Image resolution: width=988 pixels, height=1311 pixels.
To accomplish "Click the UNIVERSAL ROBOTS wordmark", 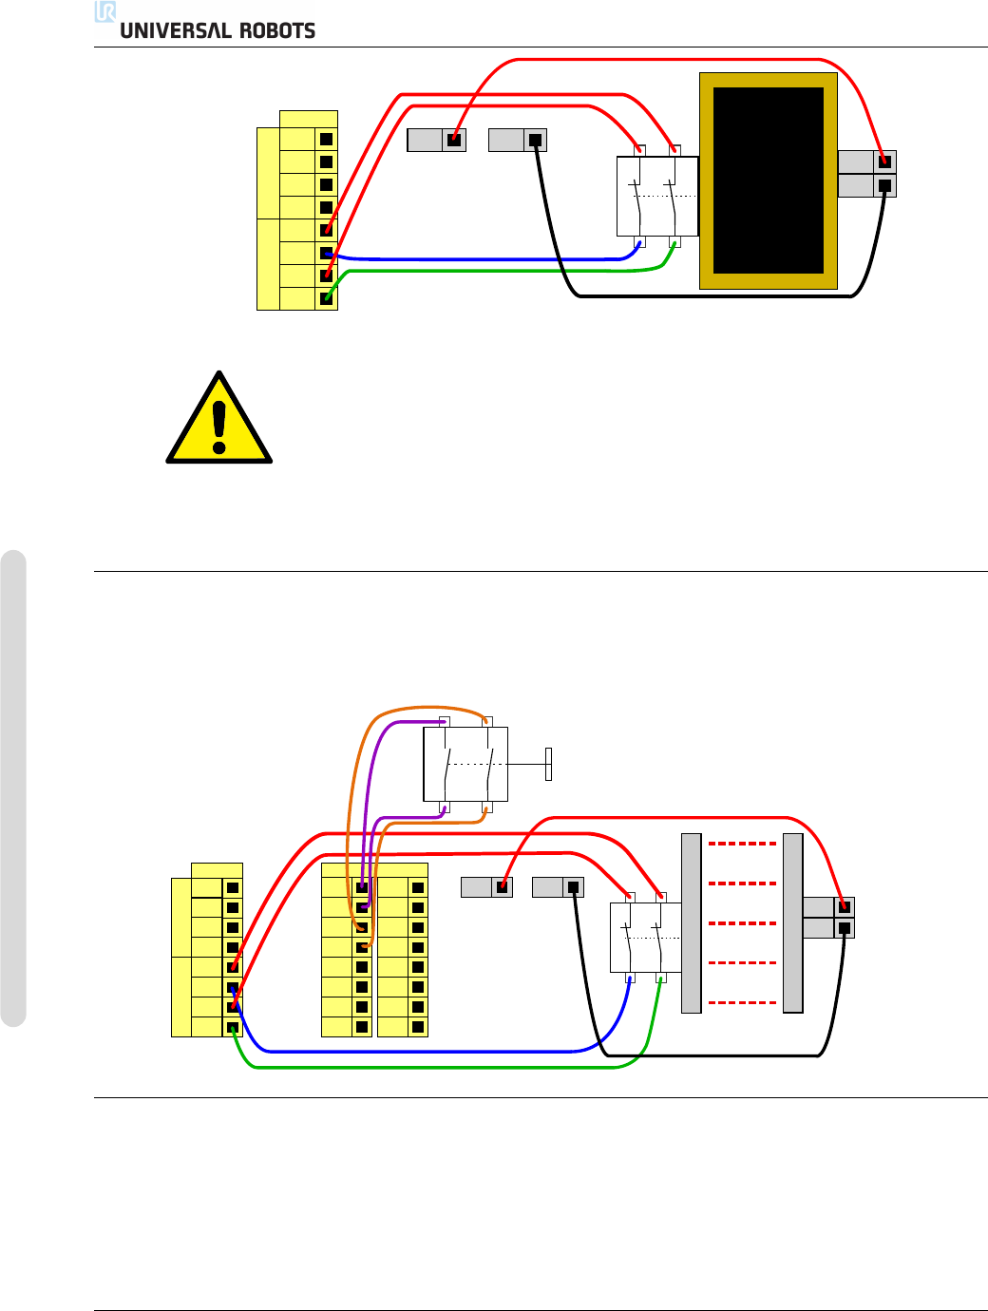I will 218,30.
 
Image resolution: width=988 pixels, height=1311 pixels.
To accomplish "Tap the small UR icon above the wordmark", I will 105,11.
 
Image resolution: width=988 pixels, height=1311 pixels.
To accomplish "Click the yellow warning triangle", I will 219,421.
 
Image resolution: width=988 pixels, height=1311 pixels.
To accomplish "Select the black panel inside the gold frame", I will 768,180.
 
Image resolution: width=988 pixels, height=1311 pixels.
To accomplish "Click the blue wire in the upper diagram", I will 475,258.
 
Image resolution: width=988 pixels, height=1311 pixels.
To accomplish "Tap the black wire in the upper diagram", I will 712,296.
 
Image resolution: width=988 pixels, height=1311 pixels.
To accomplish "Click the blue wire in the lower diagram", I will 427,1052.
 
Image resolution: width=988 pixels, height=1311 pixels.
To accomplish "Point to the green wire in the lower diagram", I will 427,1068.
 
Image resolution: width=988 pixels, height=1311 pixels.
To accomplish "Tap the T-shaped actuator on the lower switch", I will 548,764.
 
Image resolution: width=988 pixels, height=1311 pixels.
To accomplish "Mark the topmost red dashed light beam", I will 742,844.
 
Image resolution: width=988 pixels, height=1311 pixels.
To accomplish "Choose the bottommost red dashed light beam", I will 742,1002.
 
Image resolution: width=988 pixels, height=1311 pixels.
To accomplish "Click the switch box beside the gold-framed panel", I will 657,197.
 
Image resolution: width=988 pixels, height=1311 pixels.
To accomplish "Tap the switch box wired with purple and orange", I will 465,765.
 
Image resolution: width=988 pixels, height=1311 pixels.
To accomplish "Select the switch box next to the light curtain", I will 645,938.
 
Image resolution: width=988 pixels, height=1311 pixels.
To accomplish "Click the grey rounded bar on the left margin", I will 13,788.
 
